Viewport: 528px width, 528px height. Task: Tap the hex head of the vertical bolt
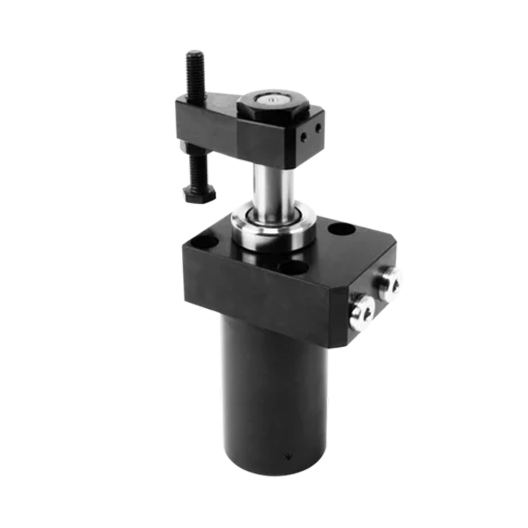click(199, 194)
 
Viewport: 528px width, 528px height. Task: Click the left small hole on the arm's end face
click(303, 136)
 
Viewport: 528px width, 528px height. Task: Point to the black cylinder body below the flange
click(273, 396)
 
